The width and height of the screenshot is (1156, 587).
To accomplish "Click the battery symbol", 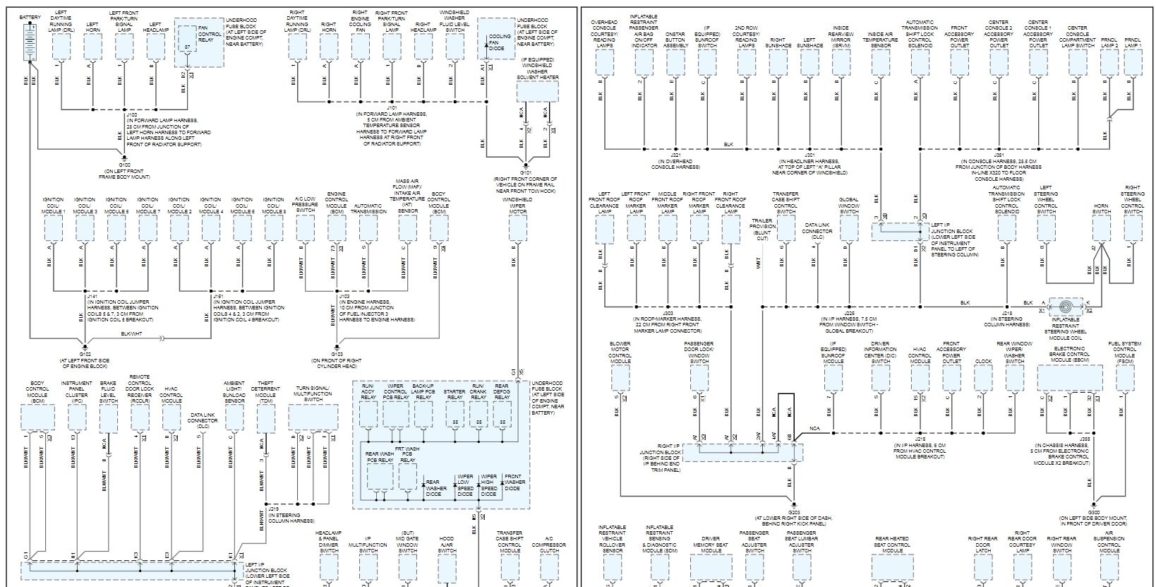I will point(30,42).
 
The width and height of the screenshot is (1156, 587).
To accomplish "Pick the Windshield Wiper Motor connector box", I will point(517,227).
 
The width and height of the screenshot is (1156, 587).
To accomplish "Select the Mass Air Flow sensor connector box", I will point(407,227).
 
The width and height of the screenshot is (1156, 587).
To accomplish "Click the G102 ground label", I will point(85,355).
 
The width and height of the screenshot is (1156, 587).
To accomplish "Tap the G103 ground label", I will point(337,355).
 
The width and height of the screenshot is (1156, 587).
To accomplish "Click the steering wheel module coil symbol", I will point(1066,307).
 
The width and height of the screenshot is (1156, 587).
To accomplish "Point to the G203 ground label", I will point(793,512).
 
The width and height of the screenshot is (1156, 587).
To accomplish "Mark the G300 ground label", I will point(1093,512).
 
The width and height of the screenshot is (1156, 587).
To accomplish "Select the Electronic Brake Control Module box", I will point(1069,379).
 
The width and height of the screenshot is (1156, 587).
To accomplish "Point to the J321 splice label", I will point(675,154).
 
